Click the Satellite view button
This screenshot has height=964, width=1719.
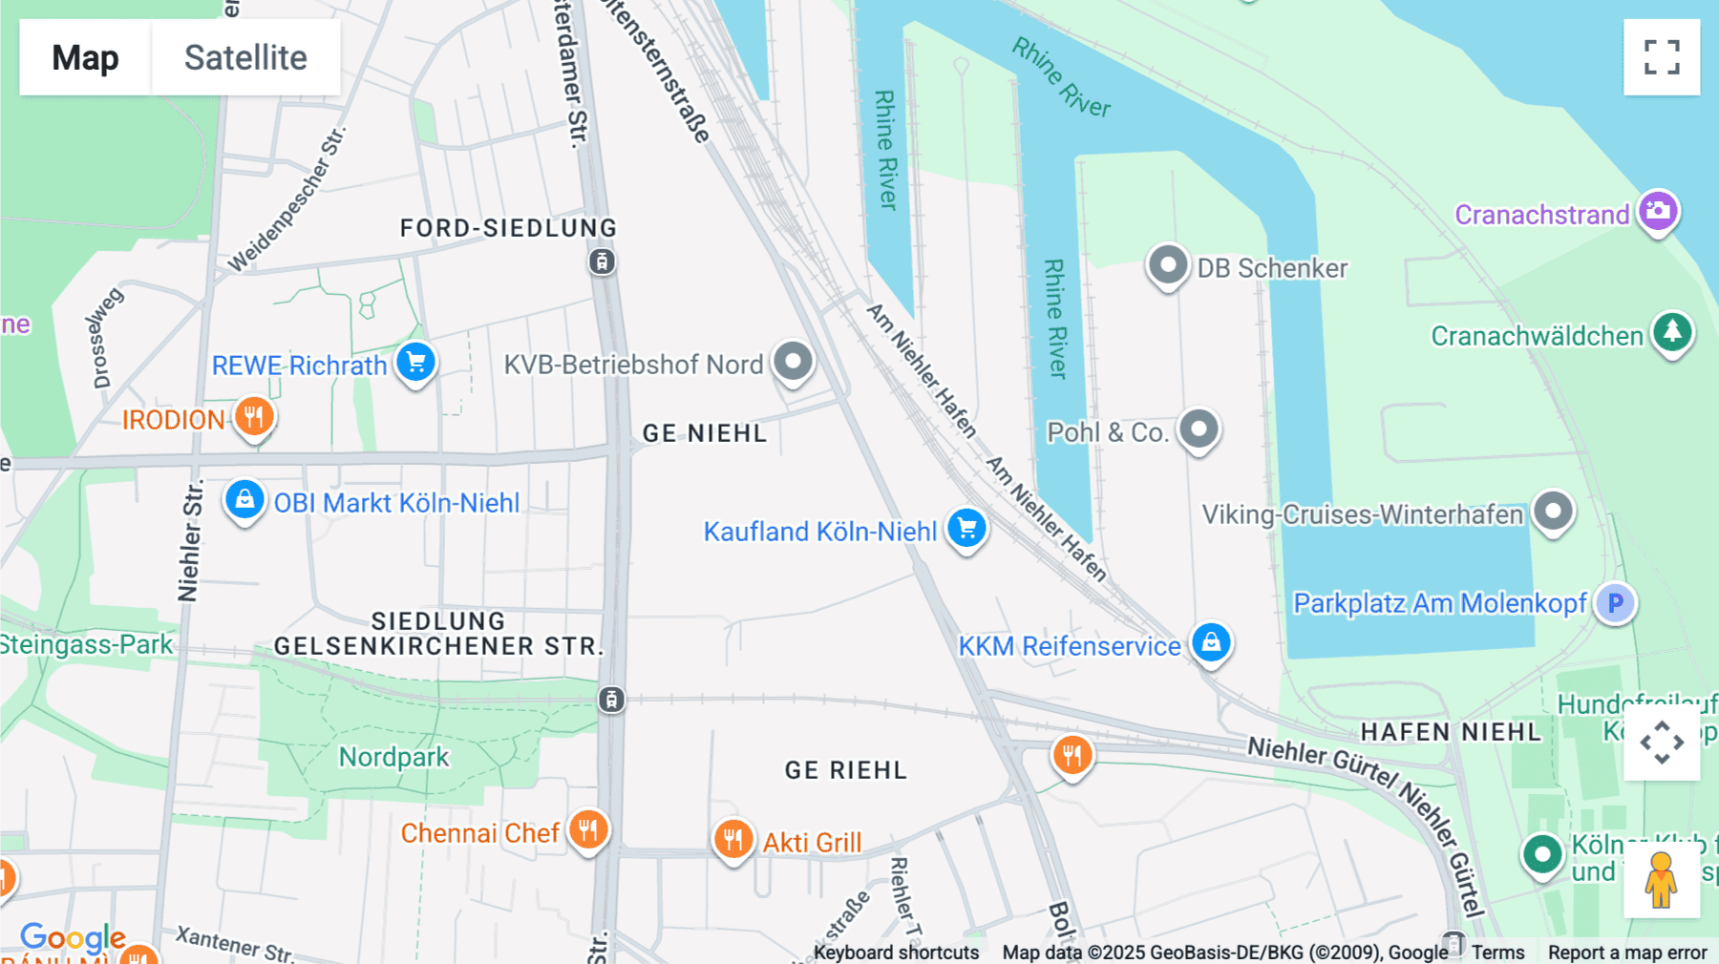click(245, 57)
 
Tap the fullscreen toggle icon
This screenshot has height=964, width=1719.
click(1662, 57)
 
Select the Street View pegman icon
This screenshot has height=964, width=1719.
click(1661, 879)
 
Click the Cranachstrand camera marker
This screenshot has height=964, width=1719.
click(1658, 211)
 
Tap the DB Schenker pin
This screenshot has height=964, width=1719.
click(1167, 265)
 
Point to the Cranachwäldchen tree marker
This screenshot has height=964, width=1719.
click(1672, 333)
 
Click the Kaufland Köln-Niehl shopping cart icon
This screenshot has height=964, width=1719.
click(966, 528)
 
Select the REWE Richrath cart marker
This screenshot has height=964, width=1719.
click(415, 363)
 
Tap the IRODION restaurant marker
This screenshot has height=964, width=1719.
click(254, 417)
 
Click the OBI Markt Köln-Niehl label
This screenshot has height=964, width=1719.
click(396, 503)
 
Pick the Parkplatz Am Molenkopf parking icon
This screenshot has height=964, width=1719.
click(1615, 603)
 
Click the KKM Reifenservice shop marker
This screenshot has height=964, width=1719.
click(1211, 642)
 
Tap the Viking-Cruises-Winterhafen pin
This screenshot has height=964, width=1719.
click(1553, 512)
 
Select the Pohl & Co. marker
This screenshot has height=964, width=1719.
click(1199, 430)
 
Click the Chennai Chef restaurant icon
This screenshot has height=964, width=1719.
click(588, 830)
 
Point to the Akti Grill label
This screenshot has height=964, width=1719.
click(812, 843)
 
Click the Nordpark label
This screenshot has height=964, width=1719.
click(393, 757)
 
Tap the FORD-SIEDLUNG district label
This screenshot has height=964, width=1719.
click(508, 228)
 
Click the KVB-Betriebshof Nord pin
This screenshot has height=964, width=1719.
click(793, 362)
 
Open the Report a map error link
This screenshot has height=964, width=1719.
click(1627, 953)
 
